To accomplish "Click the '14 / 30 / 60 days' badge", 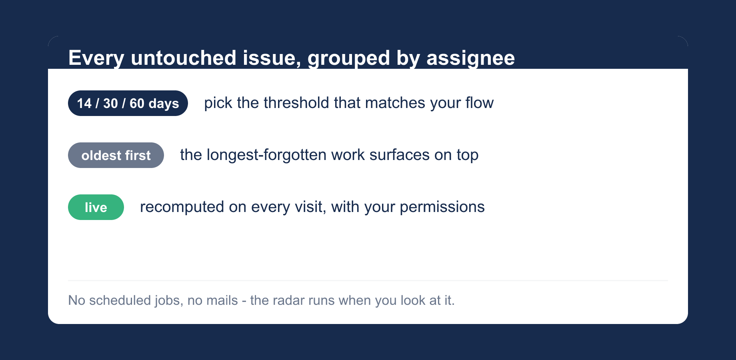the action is (x=128, y=103).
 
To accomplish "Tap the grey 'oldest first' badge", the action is (x=116, y=155).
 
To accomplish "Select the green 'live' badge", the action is (x=96, y=207).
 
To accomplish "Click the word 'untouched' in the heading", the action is (x=184, y=58).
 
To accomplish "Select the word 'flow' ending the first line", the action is (x=479, y=103).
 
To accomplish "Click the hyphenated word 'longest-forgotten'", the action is (x=266, y=155).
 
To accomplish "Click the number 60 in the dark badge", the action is (x=137, y=104).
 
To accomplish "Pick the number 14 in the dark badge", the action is (x=84, y=104).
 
